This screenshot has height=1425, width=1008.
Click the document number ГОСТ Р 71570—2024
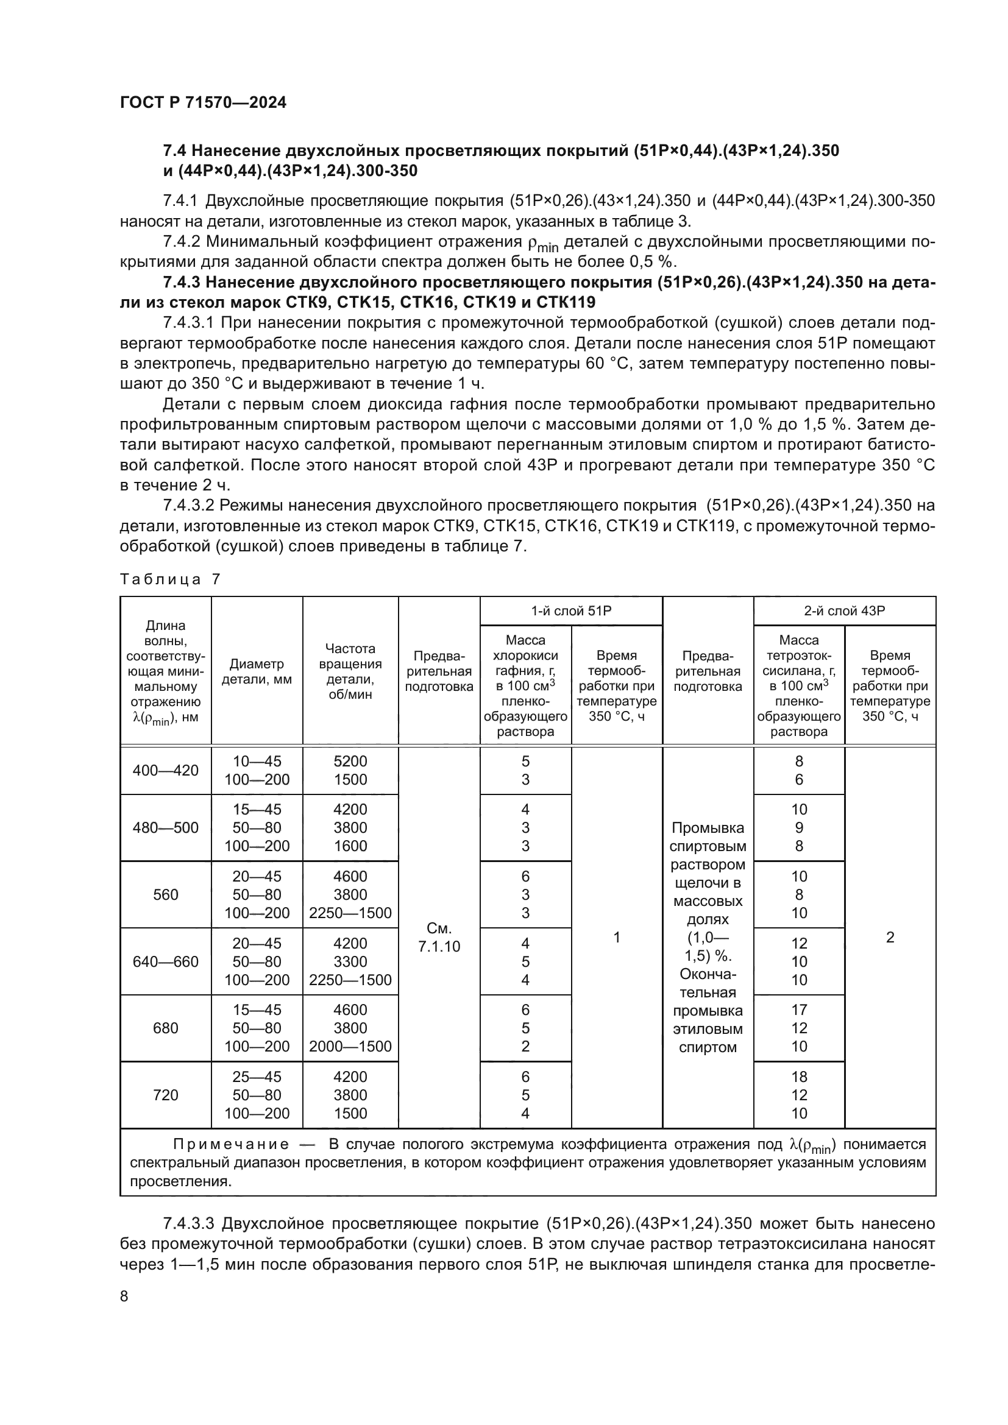[203, 103]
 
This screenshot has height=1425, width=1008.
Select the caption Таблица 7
[169, 579]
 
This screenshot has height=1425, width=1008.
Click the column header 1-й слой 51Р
[571, 610]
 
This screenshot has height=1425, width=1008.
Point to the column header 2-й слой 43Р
[844, 610]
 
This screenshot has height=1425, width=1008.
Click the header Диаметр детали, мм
[257, 671]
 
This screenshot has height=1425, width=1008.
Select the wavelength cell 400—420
[166, 770]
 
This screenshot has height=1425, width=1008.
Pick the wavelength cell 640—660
[166, 961]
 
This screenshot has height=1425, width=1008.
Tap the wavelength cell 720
[166, 1095]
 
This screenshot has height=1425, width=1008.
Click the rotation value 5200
[350, 761]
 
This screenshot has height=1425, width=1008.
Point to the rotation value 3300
[350, 961]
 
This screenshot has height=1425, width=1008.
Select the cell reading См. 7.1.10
[439, 937]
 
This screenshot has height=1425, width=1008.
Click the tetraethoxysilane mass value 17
[799, 1010]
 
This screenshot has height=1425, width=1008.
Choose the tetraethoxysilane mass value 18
[799, 1077]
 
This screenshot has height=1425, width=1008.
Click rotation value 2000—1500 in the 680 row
[350, 1047]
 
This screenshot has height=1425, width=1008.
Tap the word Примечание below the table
[231, 1145]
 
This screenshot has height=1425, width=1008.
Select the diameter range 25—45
[257, 1077]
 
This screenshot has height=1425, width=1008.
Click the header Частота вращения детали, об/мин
[350, 671]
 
